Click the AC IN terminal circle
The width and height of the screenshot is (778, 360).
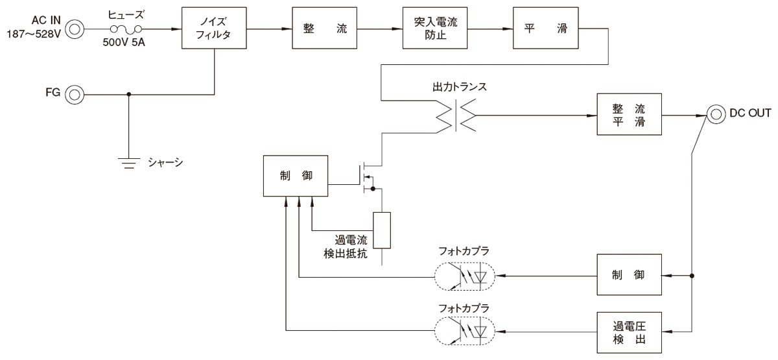pos(75,29)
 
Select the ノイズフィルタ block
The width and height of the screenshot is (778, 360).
pos(215,29)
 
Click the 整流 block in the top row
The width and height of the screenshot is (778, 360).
pos(325,29)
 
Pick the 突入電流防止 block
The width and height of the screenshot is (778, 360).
pos(435,29)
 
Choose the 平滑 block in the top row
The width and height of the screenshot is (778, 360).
pos(545,29)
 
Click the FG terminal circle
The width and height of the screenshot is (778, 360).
pos(75,95)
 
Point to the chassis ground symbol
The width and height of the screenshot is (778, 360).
pos(130,163)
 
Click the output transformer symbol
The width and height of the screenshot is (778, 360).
pos(458,116)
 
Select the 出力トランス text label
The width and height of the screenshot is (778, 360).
pos(459,87)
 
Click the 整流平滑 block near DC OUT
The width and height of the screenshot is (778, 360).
pos(628,115)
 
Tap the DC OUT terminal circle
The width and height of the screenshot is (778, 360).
pos(716,115)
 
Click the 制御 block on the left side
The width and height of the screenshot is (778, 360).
pos(295,176)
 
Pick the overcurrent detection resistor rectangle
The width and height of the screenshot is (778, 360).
pos(382,230)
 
